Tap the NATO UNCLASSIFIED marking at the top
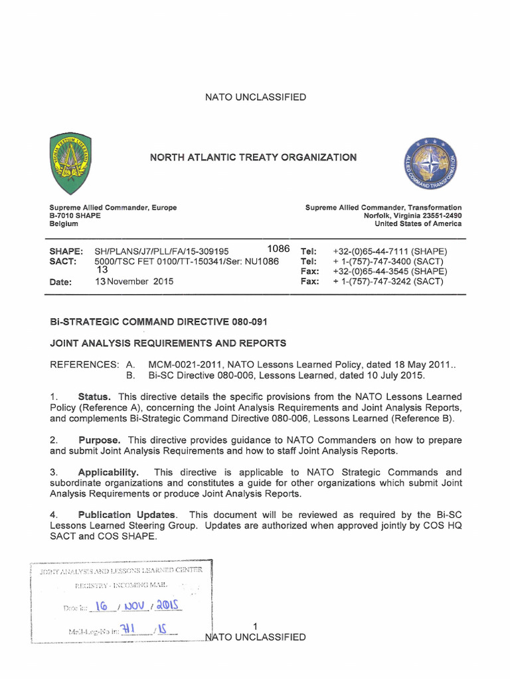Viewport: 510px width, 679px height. click(255, 97)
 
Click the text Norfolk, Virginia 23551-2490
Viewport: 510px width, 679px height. click(412, 216)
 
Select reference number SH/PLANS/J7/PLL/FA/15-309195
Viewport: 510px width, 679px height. click(162, 252)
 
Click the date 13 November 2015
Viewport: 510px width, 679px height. click(134, 281)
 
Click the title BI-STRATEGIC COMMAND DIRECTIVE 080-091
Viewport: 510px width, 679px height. click(159, 321)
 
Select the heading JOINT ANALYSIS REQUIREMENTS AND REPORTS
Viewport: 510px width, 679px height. click(168, 343)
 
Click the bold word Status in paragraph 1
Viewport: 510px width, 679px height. click(94, 396)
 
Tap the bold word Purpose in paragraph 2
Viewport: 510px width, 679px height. click(99, 440)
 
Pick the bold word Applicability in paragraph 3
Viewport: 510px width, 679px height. click(108, 472)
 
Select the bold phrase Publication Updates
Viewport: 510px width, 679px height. click(127, 515)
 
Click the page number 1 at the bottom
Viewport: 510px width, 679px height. click(255, 627)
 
